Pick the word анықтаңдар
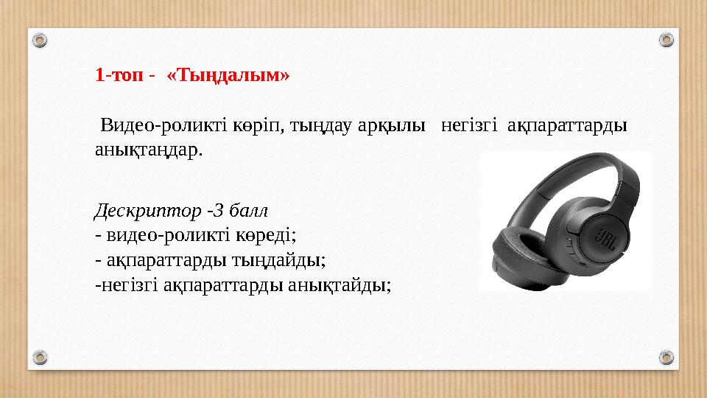[148, 150]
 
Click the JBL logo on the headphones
[604, 240]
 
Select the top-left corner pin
[41, 39]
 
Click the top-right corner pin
[666, 39]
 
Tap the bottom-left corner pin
[41, 358]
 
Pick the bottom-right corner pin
[666, 358]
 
